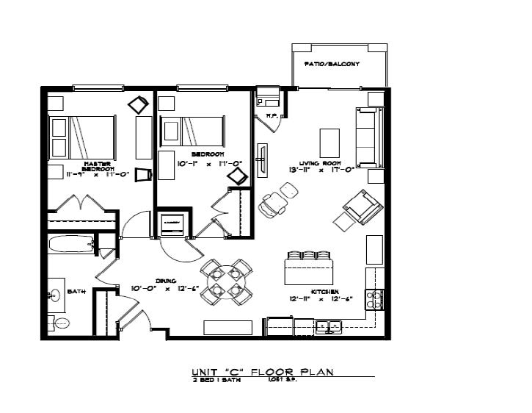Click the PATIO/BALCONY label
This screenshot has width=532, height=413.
(x=332, y=65)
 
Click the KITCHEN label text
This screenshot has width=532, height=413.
(x=324, y=292)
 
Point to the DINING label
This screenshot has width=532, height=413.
(x=164, y=280)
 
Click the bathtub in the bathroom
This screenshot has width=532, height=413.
(x=71, y=244)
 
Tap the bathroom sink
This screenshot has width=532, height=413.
(x=54, y=296)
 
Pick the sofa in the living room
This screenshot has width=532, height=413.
(x=369, y=137)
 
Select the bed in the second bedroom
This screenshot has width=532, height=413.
(x=193, y=133)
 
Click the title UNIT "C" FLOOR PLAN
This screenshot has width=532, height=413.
(x=262, y=372)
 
